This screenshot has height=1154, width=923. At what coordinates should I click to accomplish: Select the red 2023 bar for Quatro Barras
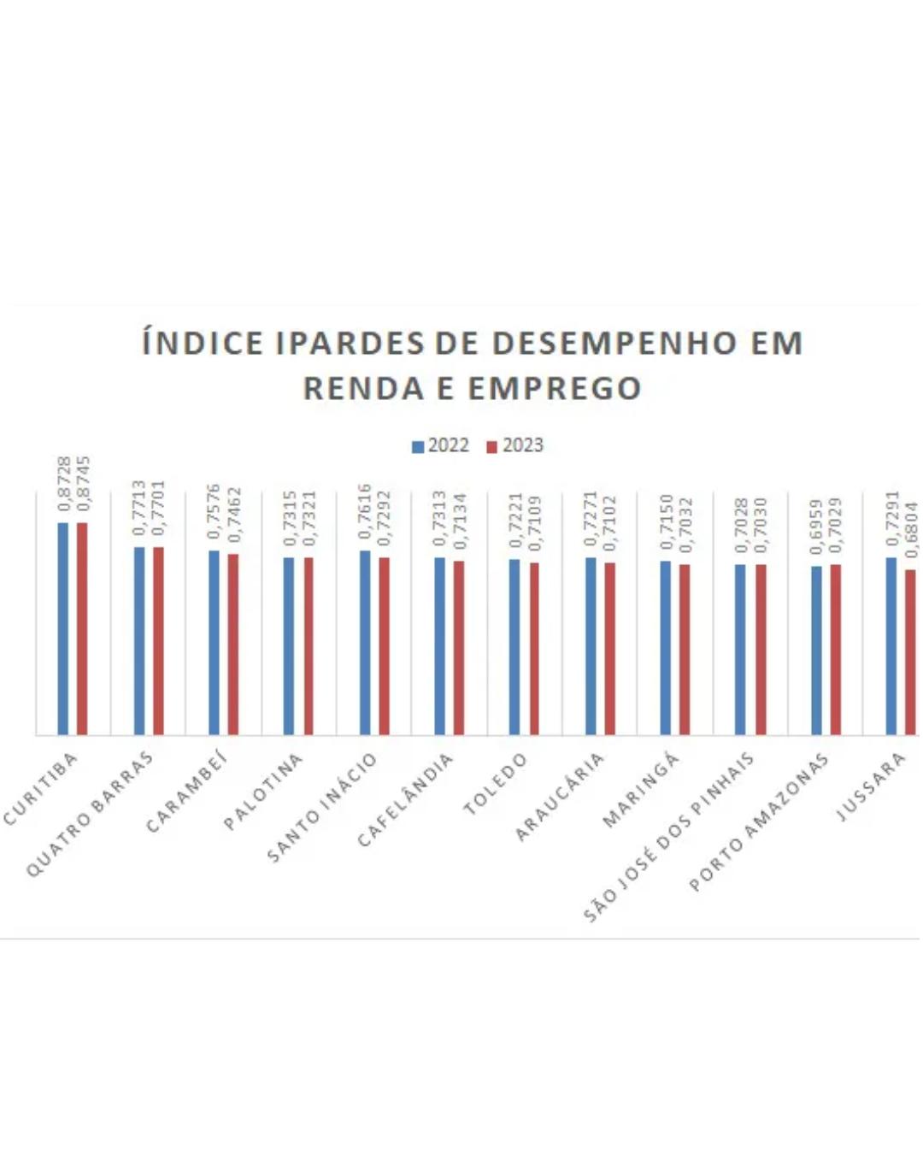pos(158,640)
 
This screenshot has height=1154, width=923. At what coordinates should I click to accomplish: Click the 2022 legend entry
pos(440,445)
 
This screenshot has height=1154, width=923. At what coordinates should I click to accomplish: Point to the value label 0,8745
pos(84,484)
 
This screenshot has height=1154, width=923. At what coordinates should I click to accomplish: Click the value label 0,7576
pos(214,511)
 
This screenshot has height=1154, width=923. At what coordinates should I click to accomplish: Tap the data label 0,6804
pos(912,529)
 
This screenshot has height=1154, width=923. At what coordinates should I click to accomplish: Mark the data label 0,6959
pos(816,527)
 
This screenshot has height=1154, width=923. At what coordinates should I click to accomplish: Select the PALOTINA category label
pos(263,792)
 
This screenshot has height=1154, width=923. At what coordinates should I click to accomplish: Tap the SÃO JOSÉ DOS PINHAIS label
pos(670,837)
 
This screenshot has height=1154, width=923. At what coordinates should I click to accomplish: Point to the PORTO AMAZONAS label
pos(759,821)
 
